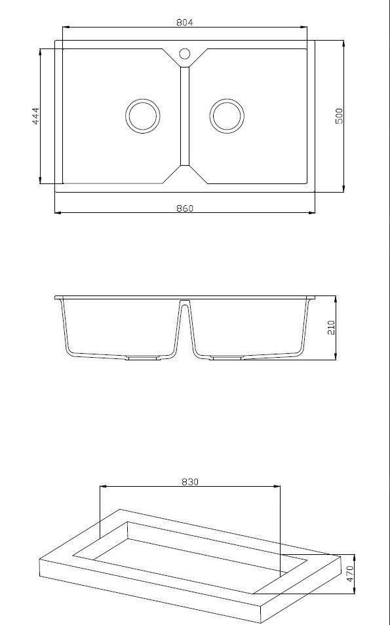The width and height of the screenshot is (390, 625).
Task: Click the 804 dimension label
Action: tap(185, 22)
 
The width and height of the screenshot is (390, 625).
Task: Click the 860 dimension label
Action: tap(185, 208)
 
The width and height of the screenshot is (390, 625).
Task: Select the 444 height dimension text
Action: tap(36, 116)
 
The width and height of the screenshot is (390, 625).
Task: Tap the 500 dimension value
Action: tap(339, 116)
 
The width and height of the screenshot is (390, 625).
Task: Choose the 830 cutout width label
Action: tap(189, 482)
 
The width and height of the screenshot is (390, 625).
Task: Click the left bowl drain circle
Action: tap(142, 116)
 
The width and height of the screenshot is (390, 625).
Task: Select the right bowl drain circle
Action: tap(226, 116)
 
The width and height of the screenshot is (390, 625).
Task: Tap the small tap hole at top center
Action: tap(184, 52)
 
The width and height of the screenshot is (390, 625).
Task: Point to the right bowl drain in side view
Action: tap(227, 358)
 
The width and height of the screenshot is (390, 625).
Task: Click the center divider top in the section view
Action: tap(184, 303)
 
